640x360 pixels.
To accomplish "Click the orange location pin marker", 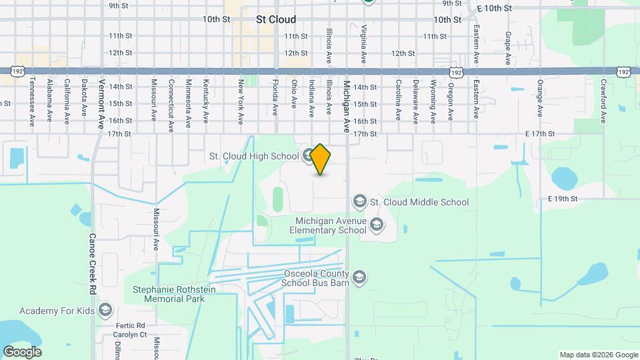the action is point(321,159).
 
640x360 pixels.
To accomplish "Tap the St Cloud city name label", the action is point(276,20).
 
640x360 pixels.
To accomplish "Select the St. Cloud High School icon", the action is point(308,157).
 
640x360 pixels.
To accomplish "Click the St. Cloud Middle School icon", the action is point(359,201).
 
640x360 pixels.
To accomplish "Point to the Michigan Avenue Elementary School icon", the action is point(377,225).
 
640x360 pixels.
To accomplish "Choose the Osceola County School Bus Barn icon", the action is point(359,277).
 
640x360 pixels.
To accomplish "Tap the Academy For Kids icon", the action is point(105,311).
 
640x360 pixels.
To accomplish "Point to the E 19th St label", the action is point(562,199).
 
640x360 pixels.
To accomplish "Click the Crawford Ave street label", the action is point(603,101).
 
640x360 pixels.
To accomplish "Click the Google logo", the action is point(22,352).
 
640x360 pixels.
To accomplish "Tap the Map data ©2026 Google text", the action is point(599,355).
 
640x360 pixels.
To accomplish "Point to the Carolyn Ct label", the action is point(130,335).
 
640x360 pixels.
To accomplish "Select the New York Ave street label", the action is point(241,101).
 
